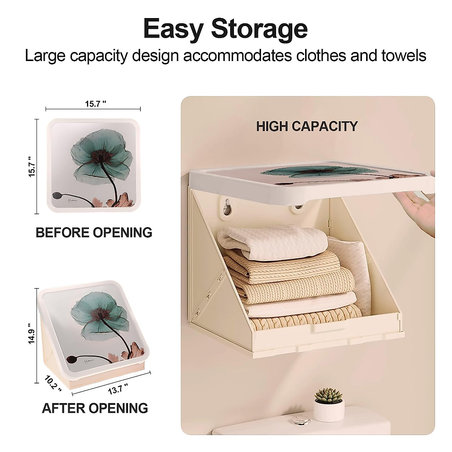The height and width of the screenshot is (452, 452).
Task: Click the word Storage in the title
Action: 260,28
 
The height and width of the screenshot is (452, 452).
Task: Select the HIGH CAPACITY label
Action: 307,126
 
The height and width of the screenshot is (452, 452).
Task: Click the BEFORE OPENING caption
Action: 94,232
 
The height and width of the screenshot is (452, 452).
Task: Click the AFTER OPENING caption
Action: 95,408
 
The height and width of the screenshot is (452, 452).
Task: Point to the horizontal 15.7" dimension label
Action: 93,104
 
